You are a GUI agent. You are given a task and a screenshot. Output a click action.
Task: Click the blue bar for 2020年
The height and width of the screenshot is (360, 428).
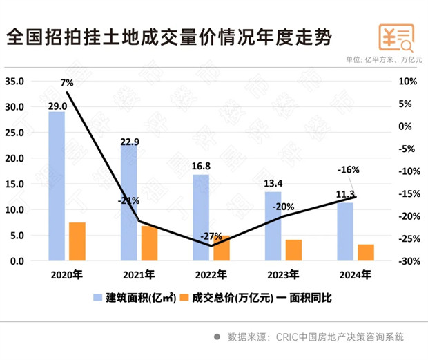(x=57, y=186)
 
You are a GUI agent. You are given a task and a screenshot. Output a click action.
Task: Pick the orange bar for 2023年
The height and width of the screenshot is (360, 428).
(x=294, y=250)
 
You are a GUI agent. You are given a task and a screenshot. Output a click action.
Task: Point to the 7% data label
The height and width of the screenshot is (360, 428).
(x=67, y=83)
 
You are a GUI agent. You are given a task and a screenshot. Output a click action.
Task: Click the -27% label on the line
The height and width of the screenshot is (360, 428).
(x=211, y=236)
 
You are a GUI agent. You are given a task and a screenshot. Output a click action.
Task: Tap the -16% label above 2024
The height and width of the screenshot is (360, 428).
(x=348, y=170)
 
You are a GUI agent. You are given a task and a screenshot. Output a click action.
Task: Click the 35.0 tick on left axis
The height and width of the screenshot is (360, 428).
(x=14, y=82)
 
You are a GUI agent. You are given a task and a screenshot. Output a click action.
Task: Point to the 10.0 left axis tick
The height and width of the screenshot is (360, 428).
(x=14, y=210)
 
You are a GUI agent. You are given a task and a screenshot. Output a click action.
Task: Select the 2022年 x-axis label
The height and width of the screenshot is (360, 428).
(x=211, y=274)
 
